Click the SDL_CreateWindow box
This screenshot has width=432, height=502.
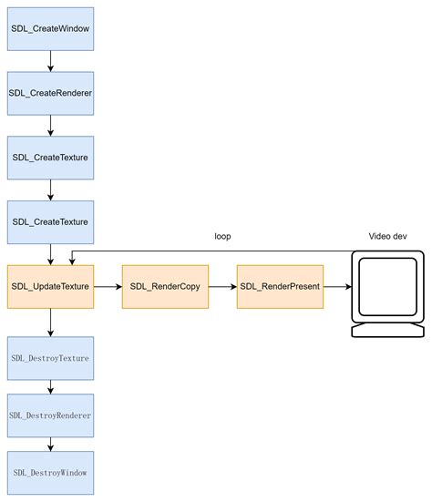pyautogui.click(x=50, y=28)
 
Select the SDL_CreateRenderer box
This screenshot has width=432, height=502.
pyautogui.click(x=50, y=93)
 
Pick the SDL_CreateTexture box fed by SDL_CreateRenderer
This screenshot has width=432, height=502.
pyautogui.click(x=50, y=158)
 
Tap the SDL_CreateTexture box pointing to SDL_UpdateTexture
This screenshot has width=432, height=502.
pyautogui.click(x=50, y=221)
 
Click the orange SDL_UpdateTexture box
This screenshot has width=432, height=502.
pyautogui.click(x=50, y=286)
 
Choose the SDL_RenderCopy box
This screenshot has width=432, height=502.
pyautogui.click(x=165, y=286)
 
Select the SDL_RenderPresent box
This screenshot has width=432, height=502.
pyautogui.click(x=281, y=286)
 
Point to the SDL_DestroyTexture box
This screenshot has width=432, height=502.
pyautogui.click(x=50, y=358)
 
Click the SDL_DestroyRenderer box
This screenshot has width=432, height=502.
pyautogui.click(x=50, y=415)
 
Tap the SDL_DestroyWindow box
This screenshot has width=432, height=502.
pyautogui.click(x=50, y=473)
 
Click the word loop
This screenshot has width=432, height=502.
pyautogui.click(x=222, y=236)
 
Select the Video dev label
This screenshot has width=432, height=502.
pyautogui.click(x=387, y=236)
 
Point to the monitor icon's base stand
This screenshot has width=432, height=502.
pyautogui.click(x=387, y=330)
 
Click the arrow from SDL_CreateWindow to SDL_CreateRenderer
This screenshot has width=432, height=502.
pyautogui.click(x=50, y=61)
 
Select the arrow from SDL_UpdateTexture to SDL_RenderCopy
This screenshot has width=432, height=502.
pyautogui.click(x=108, y=286)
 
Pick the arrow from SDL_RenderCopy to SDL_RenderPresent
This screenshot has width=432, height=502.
pyautogui.click(x=222, y=286)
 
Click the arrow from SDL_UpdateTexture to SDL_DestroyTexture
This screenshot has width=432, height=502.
pyautogui.click(x=50, y=322)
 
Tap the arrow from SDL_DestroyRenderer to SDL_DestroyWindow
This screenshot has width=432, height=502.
pyautogui.click(x=50, y=444)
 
